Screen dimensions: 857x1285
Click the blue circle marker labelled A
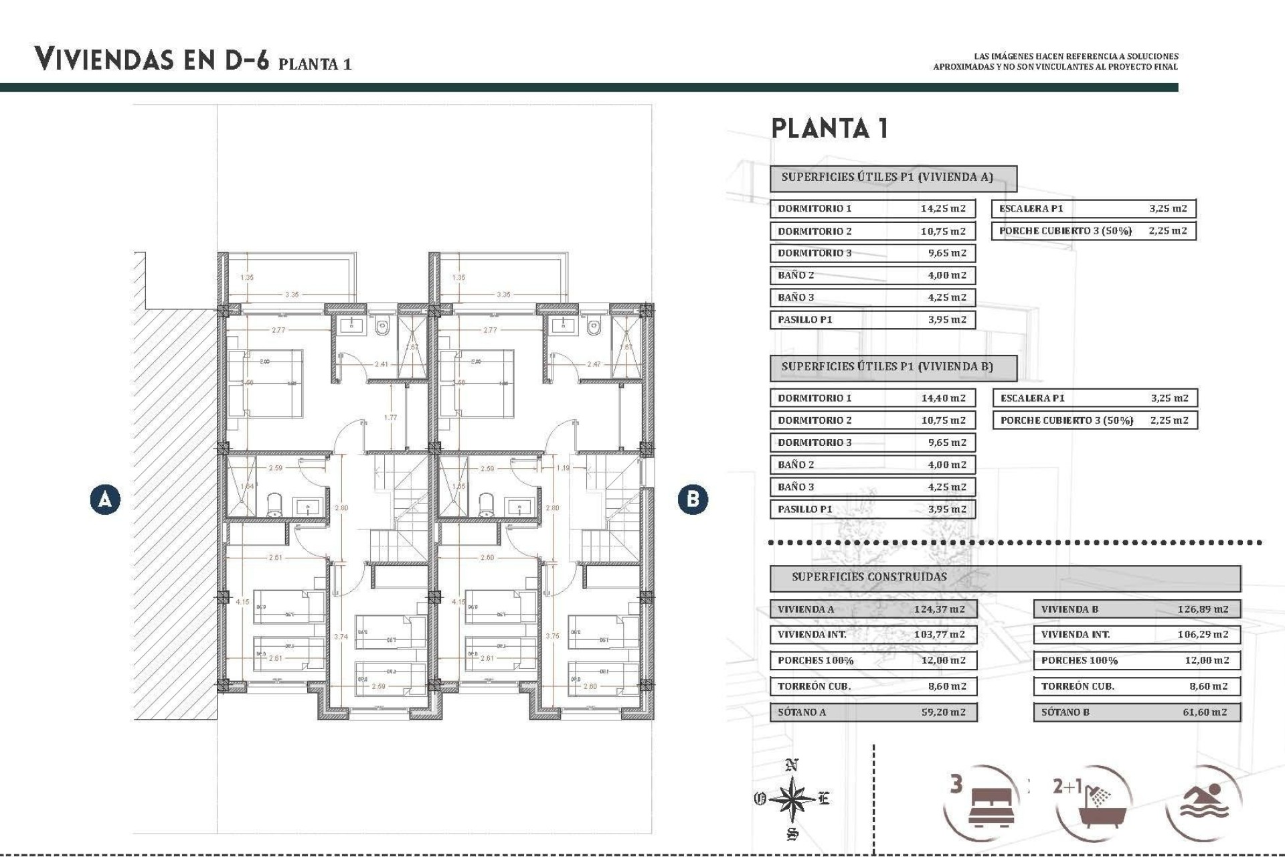coord(105,499)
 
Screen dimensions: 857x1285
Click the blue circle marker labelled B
coord(693,499)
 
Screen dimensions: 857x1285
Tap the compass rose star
coord(792,799)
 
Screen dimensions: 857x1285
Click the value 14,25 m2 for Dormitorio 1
coord(943,208)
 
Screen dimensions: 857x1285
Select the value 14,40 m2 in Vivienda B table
coord(943,398)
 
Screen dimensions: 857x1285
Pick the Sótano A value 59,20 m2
coord(943,712)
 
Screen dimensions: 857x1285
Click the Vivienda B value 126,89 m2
coord(1203,609)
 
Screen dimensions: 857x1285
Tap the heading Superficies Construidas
coord(869,576)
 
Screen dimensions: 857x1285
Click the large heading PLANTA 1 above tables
coord(830,128)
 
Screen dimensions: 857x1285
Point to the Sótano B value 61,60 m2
coord(1205,712)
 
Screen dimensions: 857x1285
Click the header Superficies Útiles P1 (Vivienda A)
coord(887,177)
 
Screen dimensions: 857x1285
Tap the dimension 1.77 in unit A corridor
coord(390,417)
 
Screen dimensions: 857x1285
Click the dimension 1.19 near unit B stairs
coord(563,468)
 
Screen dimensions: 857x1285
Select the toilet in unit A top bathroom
coord(381,327)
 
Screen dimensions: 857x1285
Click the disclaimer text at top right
coord(1055,62)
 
